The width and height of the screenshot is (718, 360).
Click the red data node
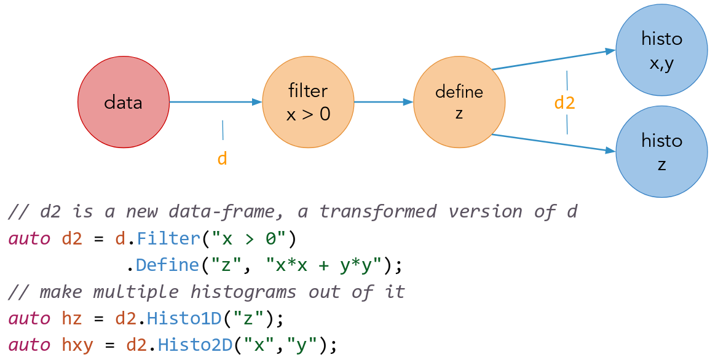(123, 102)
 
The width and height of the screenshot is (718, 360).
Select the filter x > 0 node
(308, 102)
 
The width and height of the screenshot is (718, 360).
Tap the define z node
(459, 102)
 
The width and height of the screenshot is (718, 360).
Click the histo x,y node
(661, 50)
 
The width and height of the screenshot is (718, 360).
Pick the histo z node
(661, 152)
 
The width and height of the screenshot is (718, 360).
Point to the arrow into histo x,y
(553, 60)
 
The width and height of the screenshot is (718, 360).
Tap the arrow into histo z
(553, 143)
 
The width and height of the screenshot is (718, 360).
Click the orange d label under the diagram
(223, 158)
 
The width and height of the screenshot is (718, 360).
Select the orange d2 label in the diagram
(564, 103)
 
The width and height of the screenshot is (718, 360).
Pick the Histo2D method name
(195, 345)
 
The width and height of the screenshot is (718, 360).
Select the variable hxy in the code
(77, 345)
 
